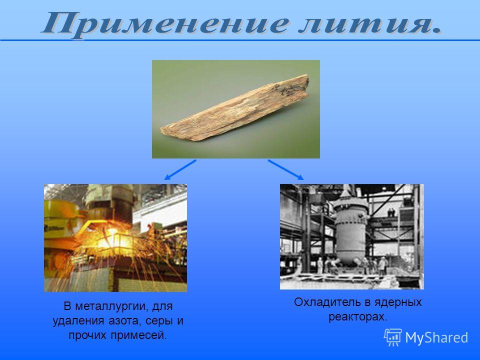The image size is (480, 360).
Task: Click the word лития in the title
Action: pos(370,23)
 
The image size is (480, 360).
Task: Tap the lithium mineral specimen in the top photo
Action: pos(235,108)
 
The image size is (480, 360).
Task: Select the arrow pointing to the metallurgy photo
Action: pos(180,170)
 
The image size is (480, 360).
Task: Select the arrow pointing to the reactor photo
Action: pos(286,170)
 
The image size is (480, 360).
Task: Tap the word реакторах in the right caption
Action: pos(358,317)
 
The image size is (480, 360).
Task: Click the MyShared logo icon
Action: pos(393,337)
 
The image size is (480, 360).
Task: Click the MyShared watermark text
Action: pos(436,338)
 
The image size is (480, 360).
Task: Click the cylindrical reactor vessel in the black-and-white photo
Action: pos(350,229)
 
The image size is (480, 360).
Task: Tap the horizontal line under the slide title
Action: pos(240,40)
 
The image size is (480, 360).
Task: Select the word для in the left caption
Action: pos(162,306)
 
